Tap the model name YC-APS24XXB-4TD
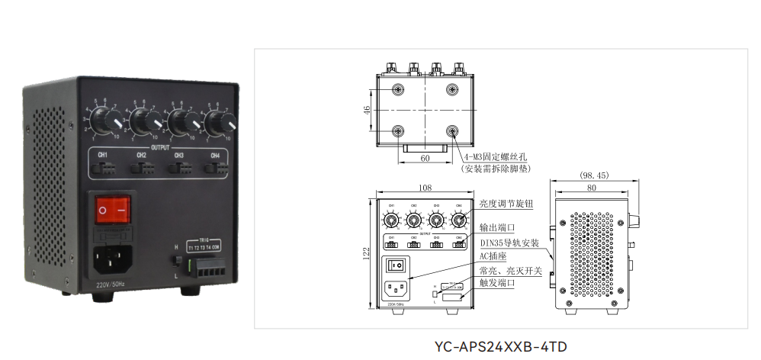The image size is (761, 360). (500, 346)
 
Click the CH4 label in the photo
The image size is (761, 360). (215, 156)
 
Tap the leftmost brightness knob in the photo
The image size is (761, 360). (106, 120)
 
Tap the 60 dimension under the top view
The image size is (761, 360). (425, 159)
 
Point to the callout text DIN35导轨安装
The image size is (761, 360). (509, 243)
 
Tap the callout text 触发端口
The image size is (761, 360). (497, 282)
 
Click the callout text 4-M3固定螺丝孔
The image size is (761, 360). (500, 158)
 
